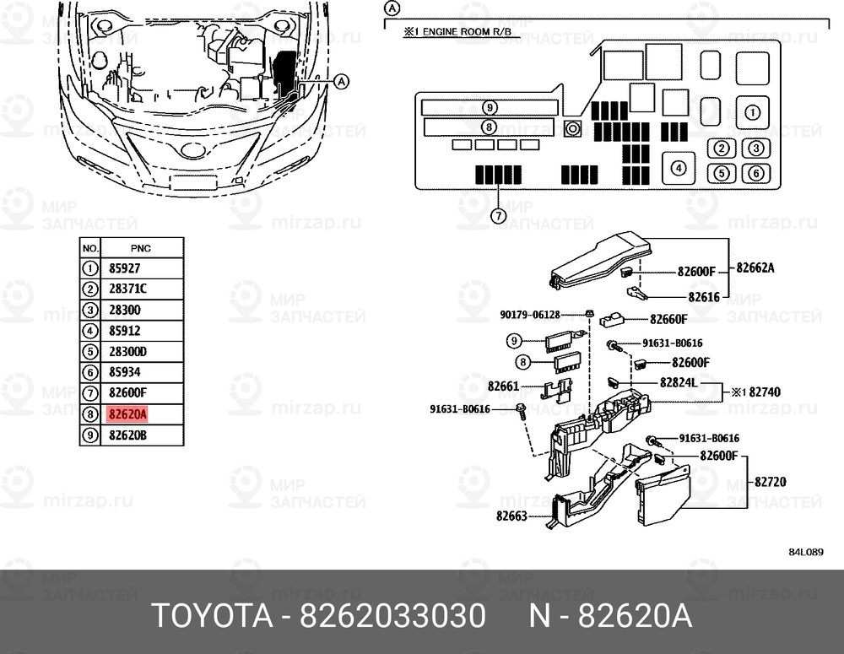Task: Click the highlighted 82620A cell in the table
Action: pyautogui.click(x=128, y=414)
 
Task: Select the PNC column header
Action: pyautogui.click(x=140, y=248)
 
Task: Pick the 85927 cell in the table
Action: pyautogui.click(x=125, y=269)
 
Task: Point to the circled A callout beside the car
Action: pyautogui.click(x=341, y=82)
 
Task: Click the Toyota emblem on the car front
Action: pyautogui.click(x=193, y=151)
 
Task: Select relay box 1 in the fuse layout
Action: pyautogui.click(x=752, y=111)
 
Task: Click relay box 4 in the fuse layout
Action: pyautogui.click(x=678, y=168)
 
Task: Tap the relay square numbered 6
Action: pyautogui.click(x=755, y=173)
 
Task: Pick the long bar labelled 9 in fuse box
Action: pyautogui.click(x=490, y=107)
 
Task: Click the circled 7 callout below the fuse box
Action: pyautogui.click(x=499, y=216)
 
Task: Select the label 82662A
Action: pyautogui.click(x=755, y=268)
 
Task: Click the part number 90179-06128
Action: pyautogui.click(x=528, y=315)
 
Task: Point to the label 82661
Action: pyautogui.click(x=503, y=386)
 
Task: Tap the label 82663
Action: pyautogui.click(x=511, y=515)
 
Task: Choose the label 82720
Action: pyautogui.click(x=770, y=482)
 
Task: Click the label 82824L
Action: pyautogui.click(x=678, y=382)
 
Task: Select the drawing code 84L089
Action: pyautogui.click(x=805, y=553)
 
